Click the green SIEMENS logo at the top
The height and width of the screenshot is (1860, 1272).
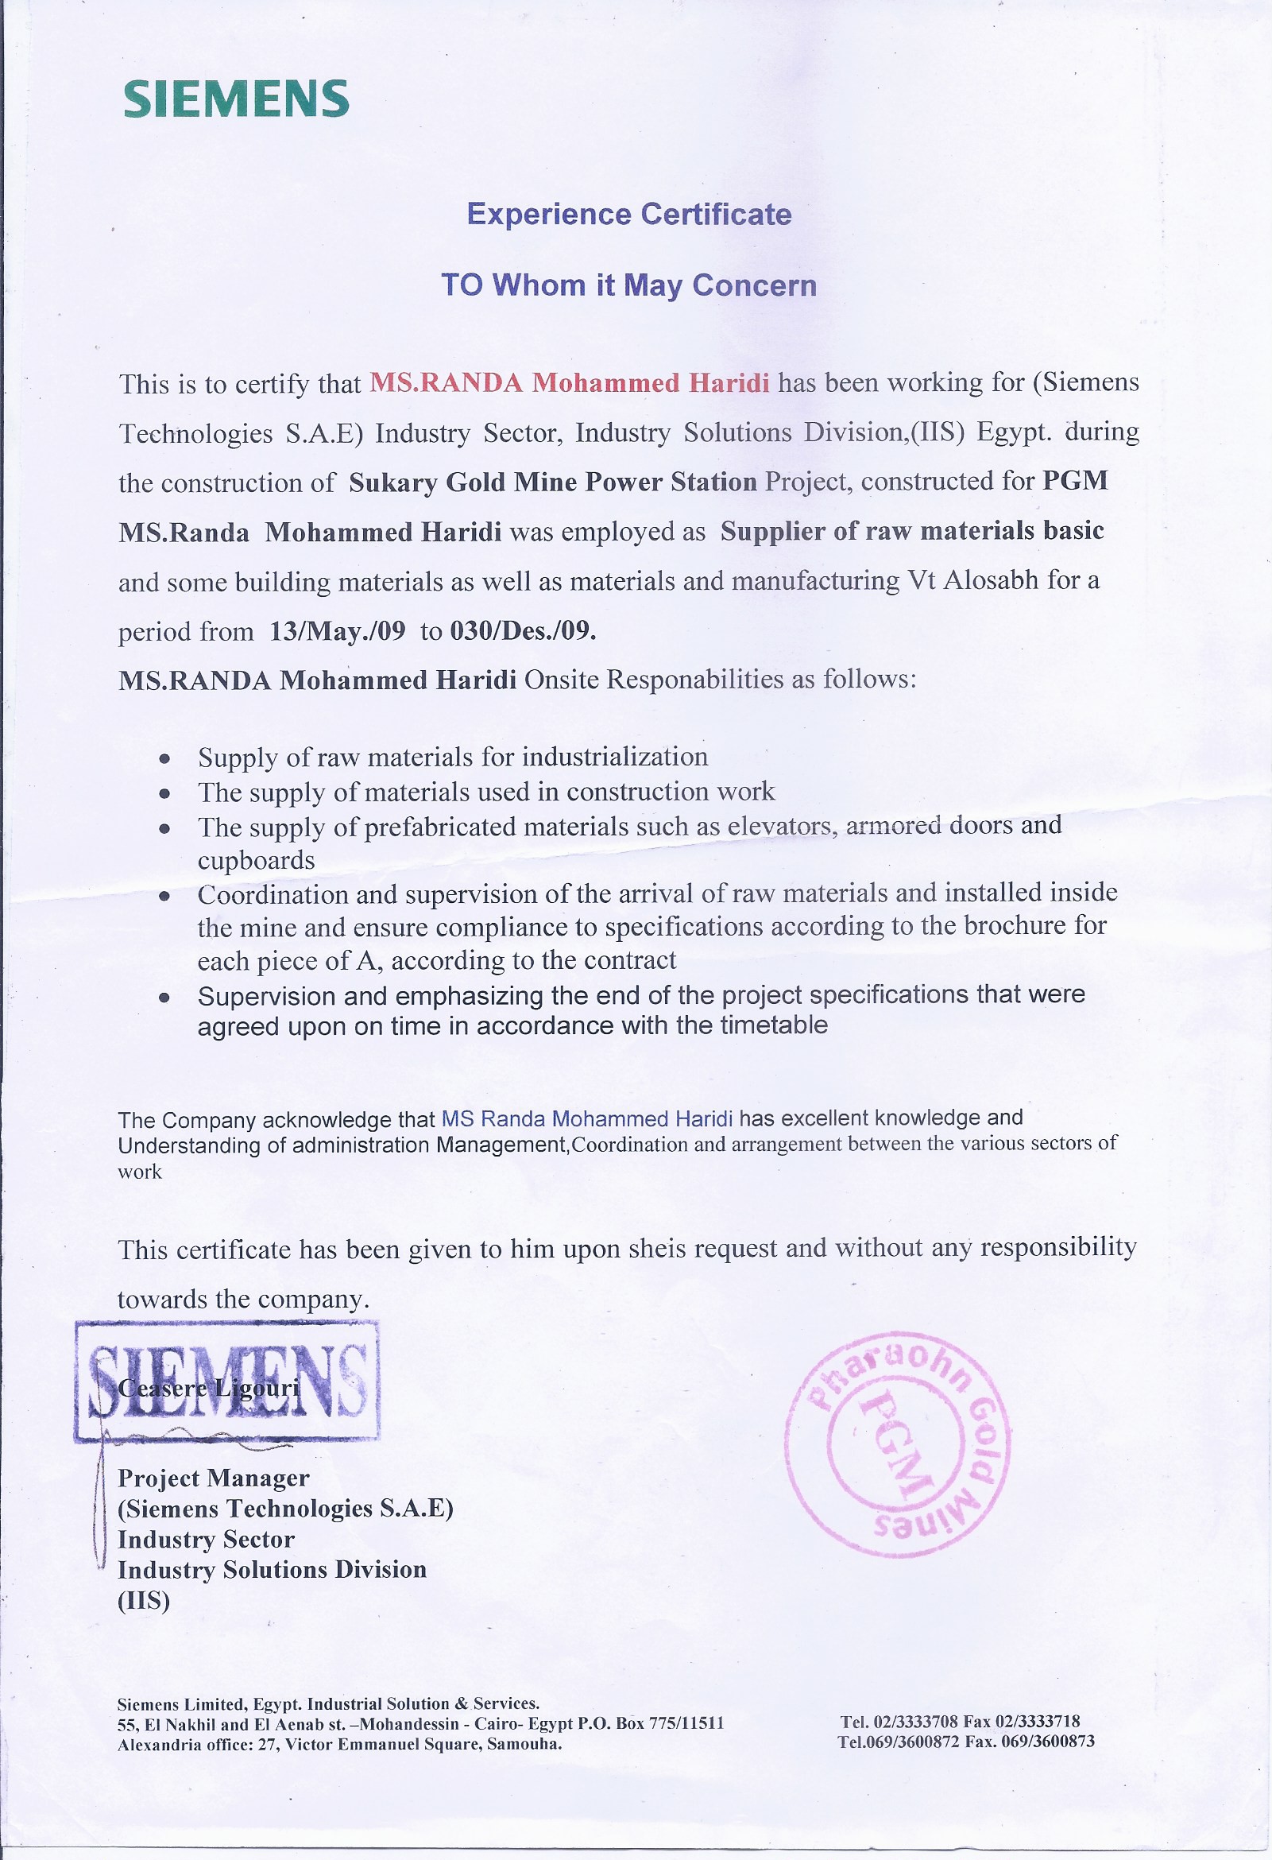236,99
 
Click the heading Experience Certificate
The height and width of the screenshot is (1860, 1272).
628,215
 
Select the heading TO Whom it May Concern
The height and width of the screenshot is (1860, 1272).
628,285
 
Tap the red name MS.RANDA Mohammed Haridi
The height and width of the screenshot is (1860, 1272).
569,382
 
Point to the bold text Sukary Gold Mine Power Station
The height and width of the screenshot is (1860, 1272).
552,482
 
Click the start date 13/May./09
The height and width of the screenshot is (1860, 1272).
338,631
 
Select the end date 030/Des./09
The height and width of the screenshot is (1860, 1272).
524,630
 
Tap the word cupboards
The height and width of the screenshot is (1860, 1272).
256,860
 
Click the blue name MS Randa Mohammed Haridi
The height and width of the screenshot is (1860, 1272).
586,1118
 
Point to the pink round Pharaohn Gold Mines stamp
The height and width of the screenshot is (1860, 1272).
898,1445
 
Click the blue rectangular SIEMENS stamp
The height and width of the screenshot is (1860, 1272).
227,1381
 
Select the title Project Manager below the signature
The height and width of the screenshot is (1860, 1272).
213,1478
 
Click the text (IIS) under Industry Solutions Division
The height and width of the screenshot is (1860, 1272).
144,1601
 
